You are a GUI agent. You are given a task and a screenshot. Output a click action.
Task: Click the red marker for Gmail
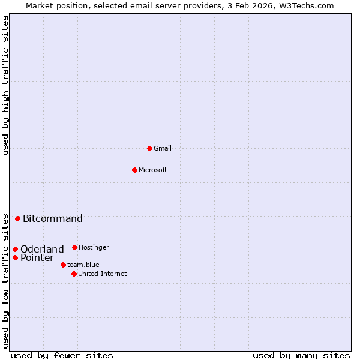pos(149,148)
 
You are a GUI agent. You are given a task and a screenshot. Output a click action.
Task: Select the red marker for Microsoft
pos(134,170)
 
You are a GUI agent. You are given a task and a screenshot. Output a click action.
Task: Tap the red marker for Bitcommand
pos(17,218)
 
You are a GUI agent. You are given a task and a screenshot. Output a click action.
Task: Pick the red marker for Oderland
pos(15,249)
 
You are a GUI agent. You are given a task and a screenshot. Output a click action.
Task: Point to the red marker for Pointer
pos(15,257)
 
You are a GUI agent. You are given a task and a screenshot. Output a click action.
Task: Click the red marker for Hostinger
pos(74,247)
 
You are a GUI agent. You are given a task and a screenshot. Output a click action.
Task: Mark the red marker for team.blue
pos(63,265)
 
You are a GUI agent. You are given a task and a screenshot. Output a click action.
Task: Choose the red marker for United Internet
pos(74,274)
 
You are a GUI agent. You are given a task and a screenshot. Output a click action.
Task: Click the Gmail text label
pos(163,148)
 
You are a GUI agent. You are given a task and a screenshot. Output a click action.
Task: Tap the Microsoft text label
pos(153,170)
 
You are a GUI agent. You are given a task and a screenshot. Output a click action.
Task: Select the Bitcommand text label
pos(53,218)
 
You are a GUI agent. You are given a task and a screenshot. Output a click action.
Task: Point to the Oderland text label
pos(42,249)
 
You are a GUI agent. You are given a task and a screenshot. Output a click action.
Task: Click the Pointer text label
pos(37,257)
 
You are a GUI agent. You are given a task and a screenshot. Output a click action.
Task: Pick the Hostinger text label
pos(94,247)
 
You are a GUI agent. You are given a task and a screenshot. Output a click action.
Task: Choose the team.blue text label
pos(83,265)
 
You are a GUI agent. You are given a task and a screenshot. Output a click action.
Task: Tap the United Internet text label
pos(103,274)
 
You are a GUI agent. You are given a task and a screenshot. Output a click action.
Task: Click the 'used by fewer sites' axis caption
pos(62,355)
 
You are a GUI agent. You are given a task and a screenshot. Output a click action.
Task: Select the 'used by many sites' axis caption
pos(301,355)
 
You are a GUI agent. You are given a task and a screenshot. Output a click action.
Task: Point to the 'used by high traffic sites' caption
pos(5,85)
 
